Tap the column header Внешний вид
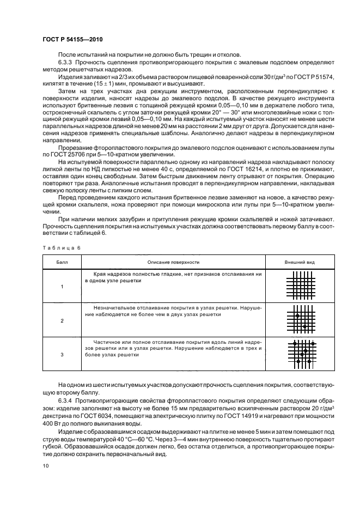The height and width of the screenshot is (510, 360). pyautogui.click(x=300, y=262)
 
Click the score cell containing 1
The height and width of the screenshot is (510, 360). pyautogui.click(x=62, y=287)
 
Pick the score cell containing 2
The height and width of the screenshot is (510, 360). pyautogui.click(x=62, y=321)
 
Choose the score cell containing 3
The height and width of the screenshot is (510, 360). pyautogui.click(x=62, y=354)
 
